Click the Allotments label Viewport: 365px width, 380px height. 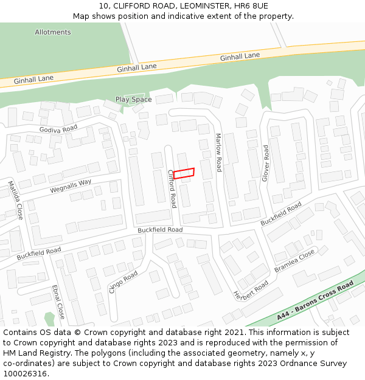[53, 32]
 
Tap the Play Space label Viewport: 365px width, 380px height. [134, 100]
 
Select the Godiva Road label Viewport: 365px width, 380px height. [58, 129]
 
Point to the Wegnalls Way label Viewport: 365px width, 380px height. [71, 186]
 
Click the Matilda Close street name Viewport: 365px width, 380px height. [15, 200]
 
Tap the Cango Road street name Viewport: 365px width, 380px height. [123, 283]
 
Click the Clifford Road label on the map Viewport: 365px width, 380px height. [172, 188]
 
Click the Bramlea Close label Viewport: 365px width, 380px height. [294, 260]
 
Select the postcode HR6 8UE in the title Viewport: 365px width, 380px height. [251, 5]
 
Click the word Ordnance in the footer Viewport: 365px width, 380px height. [295, 364]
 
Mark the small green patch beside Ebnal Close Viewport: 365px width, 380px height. [49, 318]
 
